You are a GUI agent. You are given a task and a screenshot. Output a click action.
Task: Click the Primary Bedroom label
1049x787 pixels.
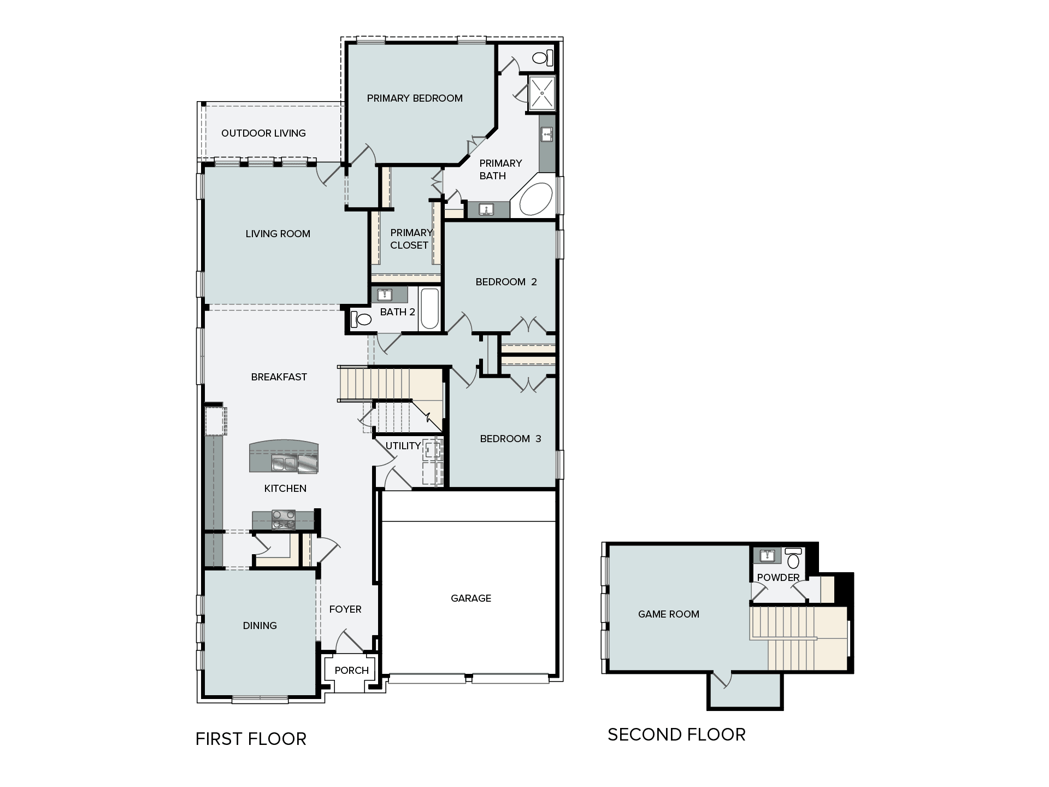coord(415,98)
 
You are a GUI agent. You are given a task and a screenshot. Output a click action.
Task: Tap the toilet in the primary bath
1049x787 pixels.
coord(541,57)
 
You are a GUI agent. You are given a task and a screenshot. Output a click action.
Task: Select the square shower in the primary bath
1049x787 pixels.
coord(541,93)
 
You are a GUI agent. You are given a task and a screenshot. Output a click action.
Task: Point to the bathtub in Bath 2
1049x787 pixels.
coord(429,309)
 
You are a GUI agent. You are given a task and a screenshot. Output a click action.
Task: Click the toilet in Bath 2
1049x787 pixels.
coord(361,318)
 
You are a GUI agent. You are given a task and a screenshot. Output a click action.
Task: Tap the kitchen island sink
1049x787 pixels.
coord(284,463)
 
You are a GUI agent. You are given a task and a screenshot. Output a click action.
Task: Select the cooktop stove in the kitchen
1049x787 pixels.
coord(284,519)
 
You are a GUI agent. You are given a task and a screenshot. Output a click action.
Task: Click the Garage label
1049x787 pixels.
coord(470,598)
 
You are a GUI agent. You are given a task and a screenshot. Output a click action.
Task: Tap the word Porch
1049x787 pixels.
coord(351,671)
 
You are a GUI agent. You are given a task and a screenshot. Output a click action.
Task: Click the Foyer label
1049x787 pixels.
coord(345,609)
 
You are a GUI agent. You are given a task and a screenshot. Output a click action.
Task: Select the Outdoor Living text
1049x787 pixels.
coord(263,133)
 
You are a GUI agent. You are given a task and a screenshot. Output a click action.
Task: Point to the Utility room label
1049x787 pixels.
coord(403,446)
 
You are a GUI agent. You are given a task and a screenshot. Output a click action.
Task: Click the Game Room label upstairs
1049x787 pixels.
coord(668,614)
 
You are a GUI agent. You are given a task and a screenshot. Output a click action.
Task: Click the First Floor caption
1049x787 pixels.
coord(251,739)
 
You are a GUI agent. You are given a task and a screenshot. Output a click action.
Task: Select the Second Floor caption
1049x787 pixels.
coord(676,735)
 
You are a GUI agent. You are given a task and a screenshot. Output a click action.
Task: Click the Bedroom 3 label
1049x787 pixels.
coord(510,439)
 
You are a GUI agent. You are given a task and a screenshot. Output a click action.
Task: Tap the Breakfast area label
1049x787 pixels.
coord(279,377)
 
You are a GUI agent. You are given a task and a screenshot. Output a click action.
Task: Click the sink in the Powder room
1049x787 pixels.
coord(767,556)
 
